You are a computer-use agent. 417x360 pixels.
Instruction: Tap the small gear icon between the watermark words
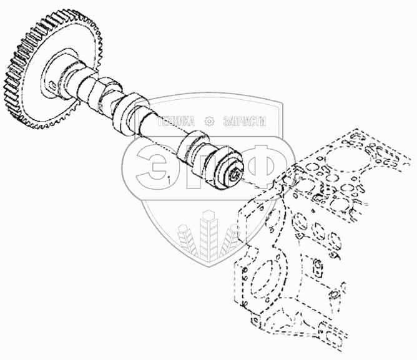209,122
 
